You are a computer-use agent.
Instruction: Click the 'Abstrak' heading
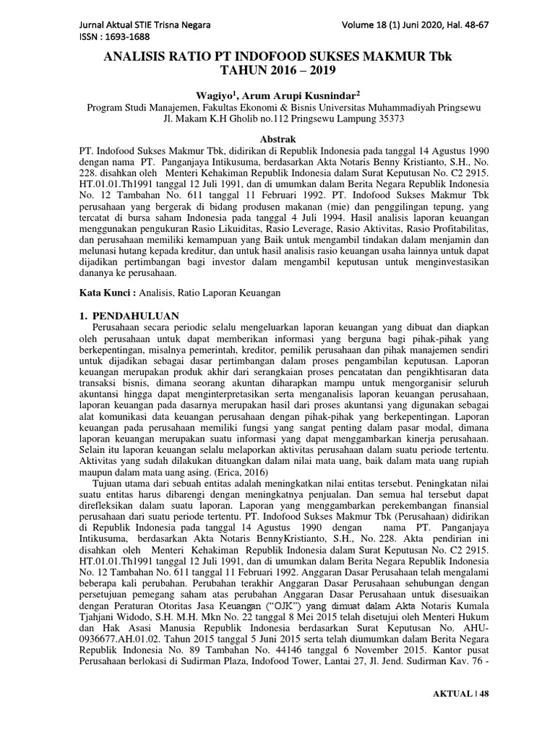(x=278, y=138)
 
